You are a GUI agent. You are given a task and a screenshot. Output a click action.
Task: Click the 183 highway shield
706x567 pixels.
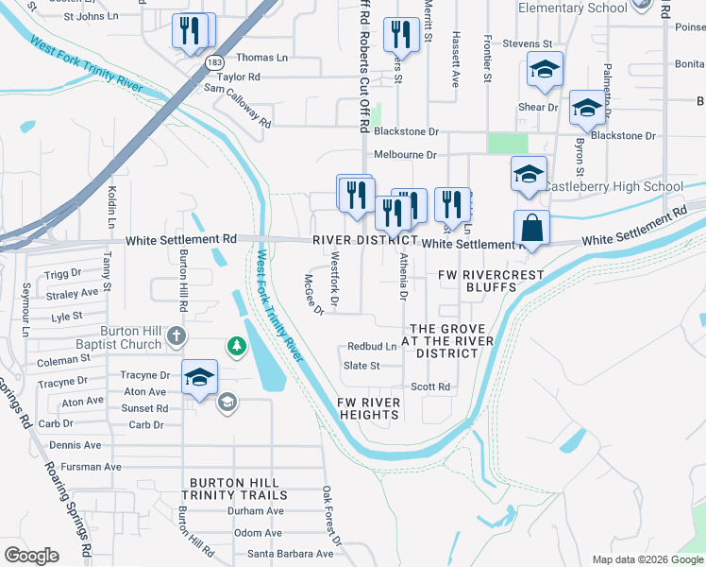(205, 61)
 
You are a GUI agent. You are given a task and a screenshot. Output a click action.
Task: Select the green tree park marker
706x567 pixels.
(234, 348)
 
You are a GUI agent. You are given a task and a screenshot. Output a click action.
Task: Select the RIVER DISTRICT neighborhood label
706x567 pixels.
(365, 241)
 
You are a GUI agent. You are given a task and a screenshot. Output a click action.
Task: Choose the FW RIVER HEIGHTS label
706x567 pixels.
(368, 408)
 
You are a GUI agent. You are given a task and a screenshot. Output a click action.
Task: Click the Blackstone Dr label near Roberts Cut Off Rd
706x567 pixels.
(406, 132)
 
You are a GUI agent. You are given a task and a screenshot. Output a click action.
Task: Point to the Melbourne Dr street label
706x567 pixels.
(405, 154)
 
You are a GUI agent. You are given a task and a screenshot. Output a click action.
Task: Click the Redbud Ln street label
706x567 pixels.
(372, 347)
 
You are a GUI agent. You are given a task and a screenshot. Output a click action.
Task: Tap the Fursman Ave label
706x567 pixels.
(85, 467)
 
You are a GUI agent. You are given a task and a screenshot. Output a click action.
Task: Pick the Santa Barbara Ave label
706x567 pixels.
(291, 554)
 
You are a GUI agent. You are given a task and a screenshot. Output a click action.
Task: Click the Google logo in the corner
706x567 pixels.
(31, 556)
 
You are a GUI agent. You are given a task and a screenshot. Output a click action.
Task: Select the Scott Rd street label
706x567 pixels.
(429, 387)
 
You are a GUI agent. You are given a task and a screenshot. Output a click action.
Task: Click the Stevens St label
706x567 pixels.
(527, 43)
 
